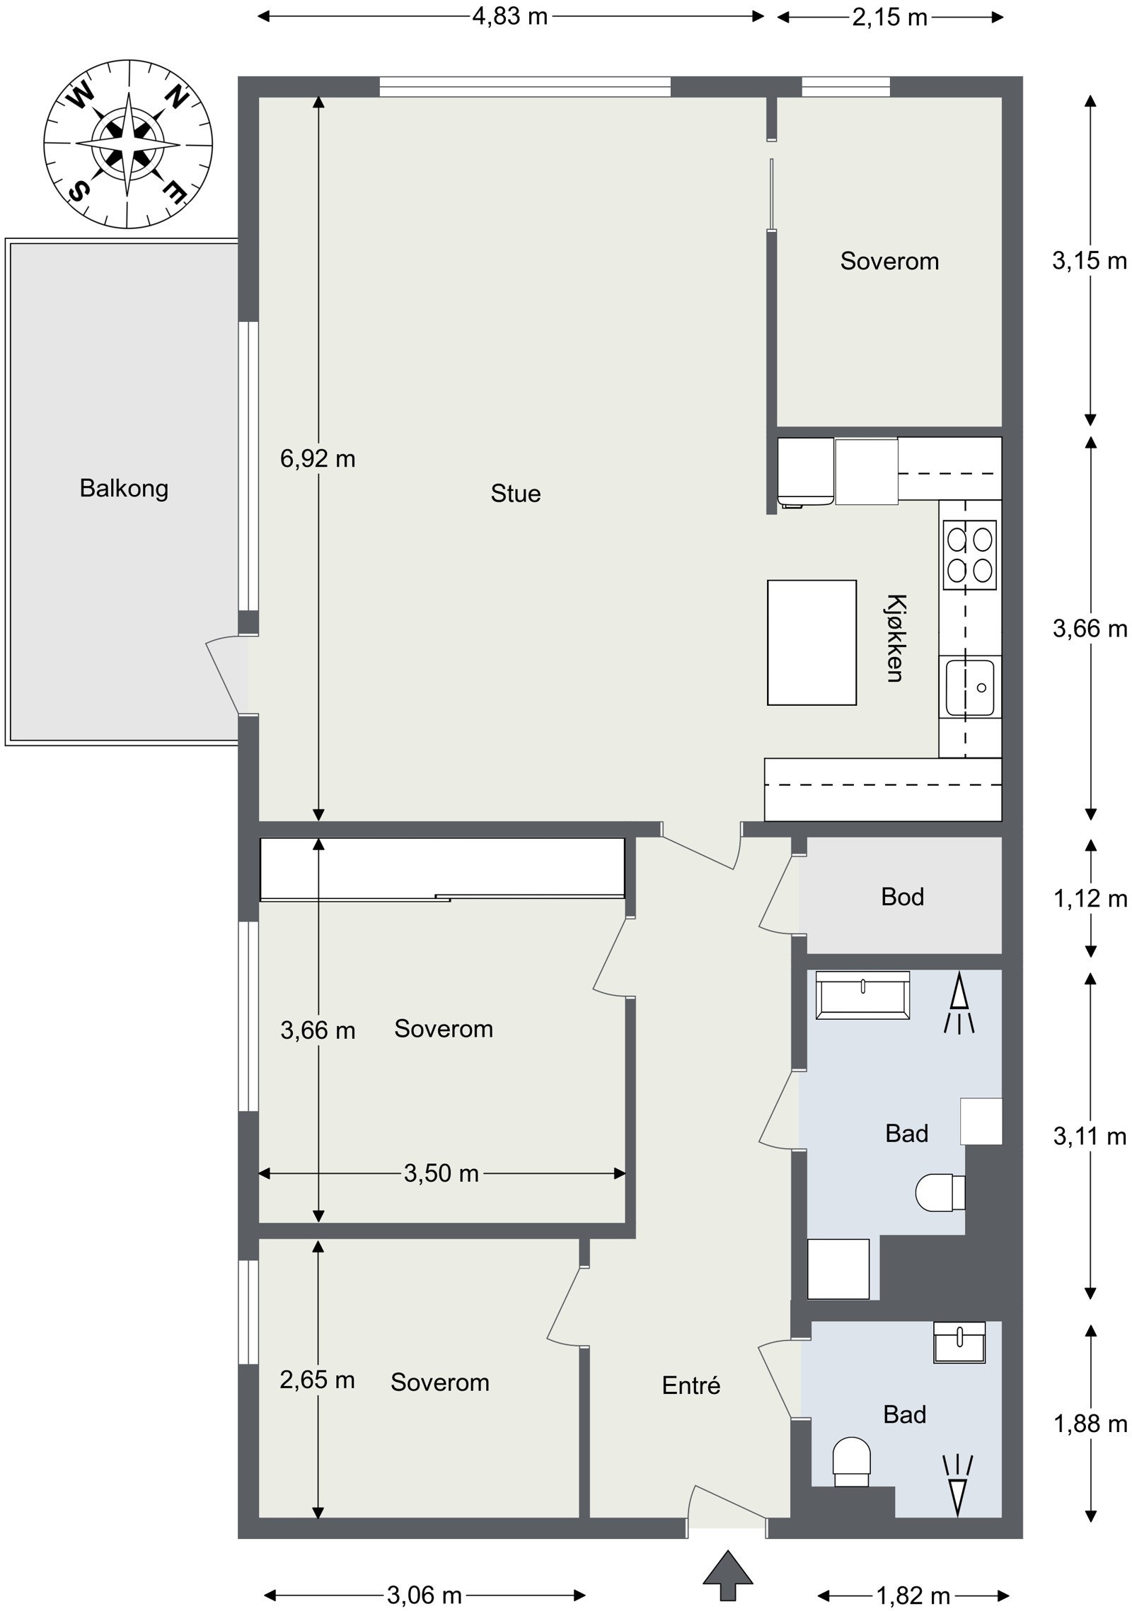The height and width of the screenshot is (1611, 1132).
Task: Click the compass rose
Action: [x=128, y=144]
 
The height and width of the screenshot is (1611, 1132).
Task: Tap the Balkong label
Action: [x=124, y=489]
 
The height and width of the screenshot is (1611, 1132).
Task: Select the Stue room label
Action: [x=516, y=494]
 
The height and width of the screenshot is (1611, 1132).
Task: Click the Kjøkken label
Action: [x=896, y=638]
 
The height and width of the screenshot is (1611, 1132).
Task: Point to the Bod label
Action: [x=902, y=897]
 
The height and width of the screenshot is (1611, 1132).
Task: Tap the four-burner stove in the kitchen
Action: [x=969, y=554]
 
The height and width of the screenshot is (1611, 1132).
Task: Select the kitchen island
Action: [x=812, y=642]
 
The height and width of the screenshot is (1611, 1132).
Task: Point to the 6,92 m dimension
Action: [x=318, y=459]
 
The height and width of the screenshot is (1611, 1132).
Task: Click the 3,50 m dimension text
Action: [x=441, y=1173]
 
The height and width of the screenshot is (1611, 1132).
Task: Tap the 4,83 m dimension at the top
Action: [x=510, y=16]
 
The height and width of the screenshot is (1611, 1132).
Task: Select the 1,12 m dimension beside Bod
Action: [x=1090, y=898]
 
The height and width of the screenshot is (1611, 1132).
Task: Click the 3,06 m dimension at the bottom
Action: [x=424, y=1575]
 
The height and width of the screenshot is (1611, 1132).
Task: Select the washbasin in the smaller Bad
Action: [x=959, y=1342]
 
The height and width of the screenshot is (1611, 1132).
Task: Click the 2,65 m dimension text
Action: [x=317, y=1380]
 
